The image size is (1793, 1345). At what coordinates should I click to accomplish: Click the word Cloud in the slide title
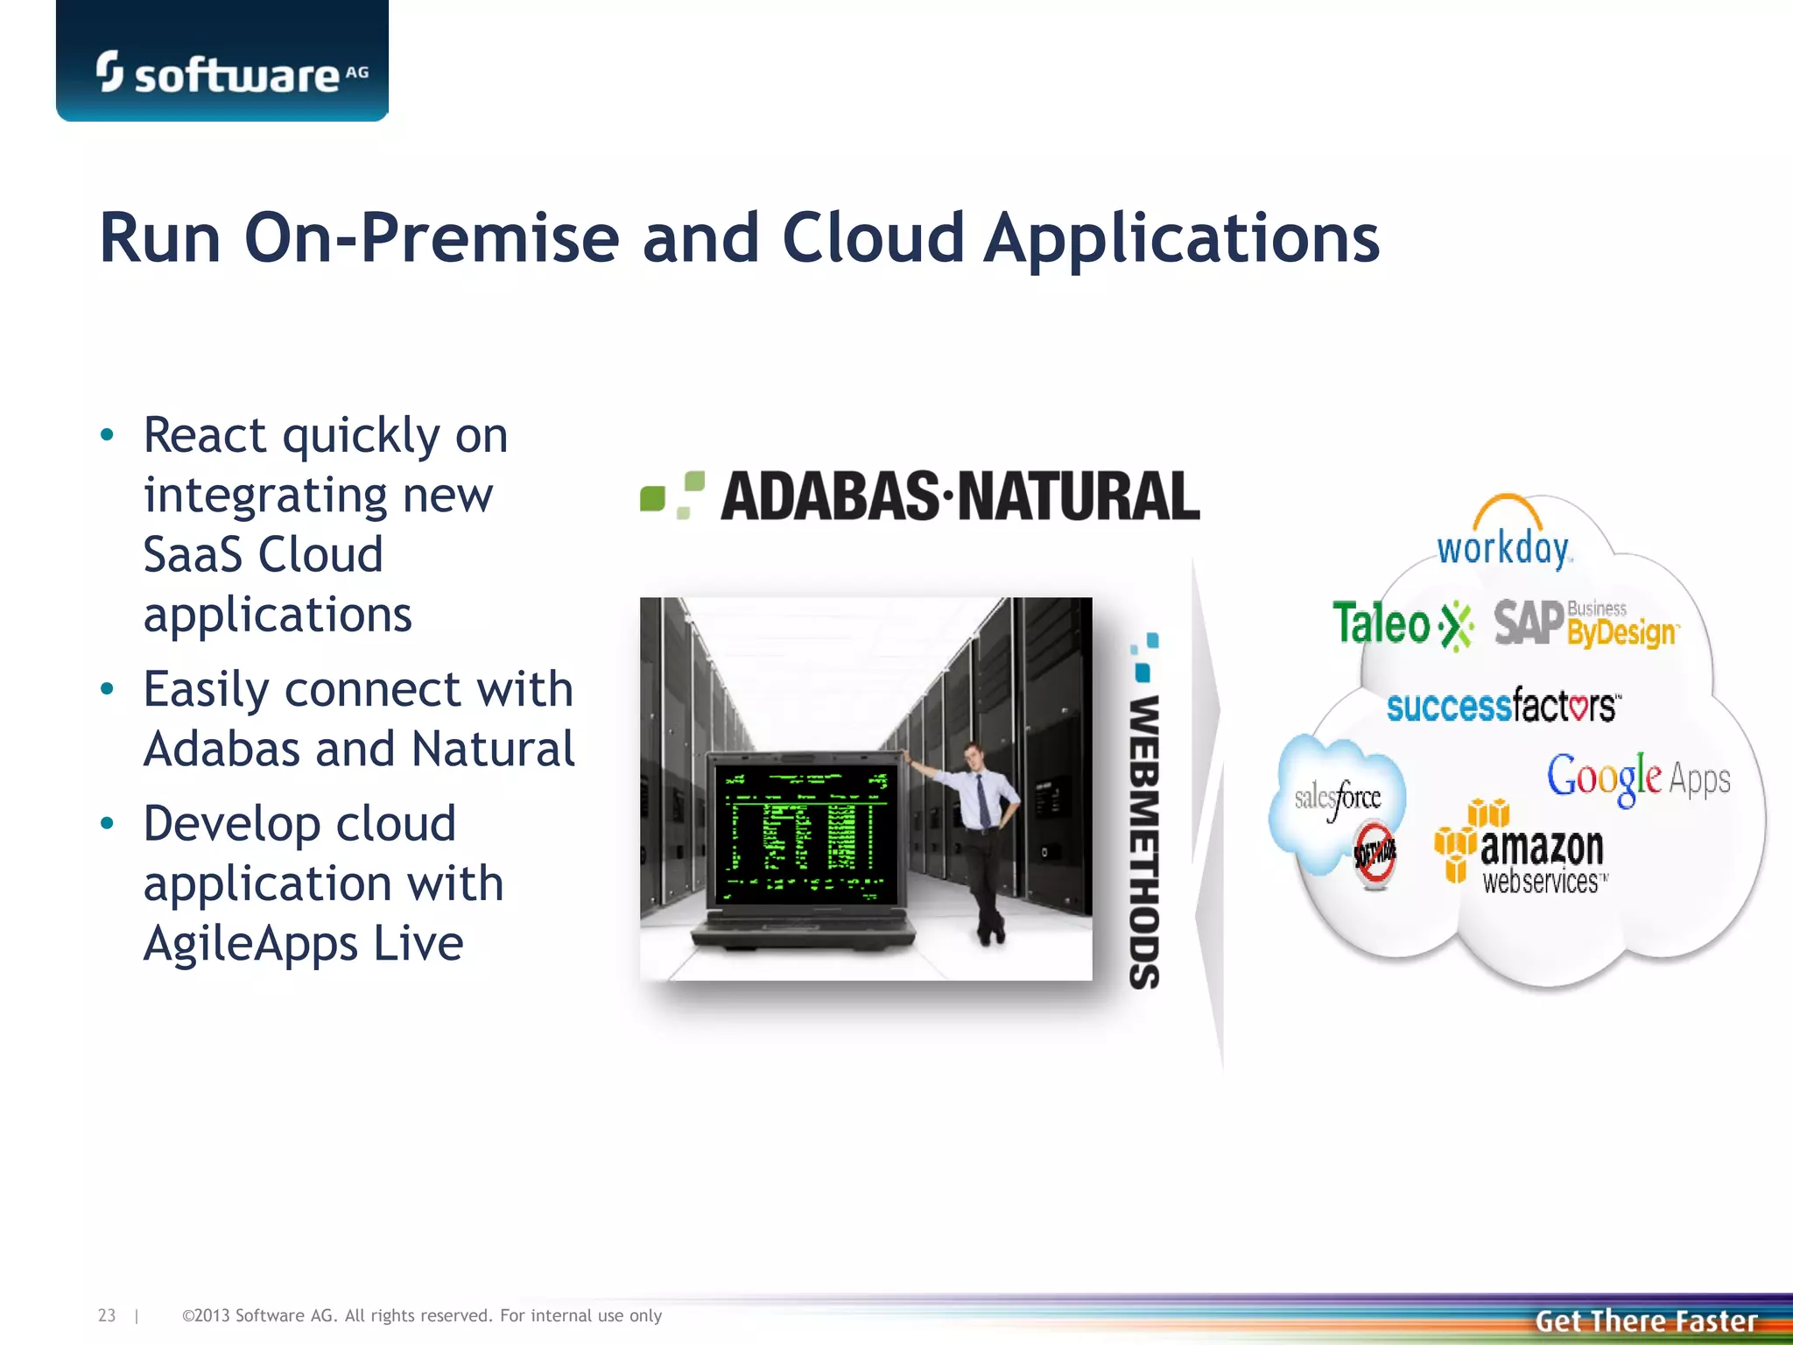click(x=873, y=238)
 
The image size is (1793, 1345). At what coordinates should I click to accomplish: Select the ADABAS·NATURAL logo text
click(x=960, y=496)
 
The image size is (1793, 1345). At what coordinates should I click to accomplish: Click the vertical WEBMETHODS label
click(x=1144, y=841)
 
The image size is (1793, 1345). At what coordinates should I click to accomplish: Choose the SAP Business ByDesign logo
click(x=1585, y=623)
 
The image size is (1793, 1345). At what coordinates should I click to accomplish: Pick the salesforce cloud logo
click(x=1337, y=798)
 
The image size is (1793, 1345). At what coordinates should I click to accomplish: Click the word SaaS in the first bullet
click(x=192, y=555)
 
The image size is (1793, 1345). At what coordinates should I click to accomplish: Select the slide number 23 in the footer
click(x=106, y=1315)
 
